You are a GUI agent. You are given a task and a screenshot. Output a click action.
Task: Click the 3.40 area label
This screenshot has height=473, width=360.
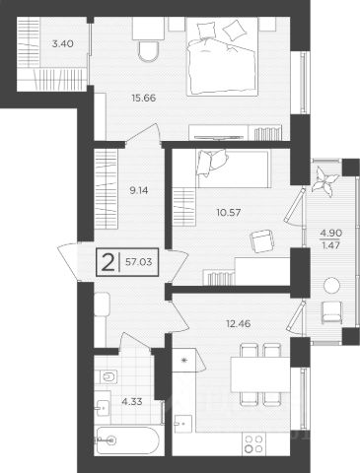coord(62,43)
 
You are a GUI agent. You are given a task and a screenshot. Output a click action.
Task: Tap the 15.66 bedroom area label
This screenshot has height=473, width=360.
coord(143,98)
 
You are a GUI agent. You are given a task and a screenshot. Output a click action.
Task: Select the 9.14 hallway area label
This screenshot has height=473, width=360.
coord(139,190)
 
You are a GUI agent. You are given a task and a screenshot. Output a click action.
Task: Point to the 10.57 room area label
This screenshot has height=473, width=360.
coord(229,213)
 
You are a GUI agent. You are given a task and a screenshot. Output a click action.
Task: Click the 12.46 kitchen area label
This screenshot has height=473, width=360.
coord(239,323)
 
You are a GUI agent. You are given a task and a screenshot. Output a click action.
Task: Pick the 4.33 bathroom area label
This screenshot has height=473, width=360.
coord(132,401)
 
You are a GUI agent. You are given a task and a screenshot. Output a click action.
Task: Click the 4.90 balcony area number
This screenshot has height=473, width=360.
coord(331,233)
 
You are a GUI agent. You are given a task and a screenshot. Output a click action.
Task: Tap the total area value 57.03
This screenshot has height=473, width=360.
coord(139,262)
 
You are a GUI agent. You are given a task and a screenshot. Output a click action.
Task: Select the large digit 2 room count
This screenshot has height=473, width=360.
coord(108,262)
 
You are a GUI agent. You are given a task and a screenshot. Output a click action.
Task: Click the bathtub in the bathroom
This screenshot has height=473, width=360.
coord(127,440)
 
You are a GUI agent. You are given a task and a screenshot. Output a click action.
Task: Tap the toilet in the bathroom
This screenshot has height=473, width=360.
coord(107,376)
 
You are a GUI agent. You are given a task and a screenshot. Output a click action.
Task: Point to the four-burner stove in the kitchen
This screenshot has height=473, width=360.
coord(253,443)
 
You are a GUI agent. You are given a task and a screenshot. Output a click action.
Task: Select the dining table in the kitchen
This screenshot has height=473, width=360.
coord(260,374)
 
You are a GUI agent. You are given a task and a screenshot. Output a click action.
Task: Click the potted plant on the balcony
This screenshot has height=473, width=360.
coord(324,180)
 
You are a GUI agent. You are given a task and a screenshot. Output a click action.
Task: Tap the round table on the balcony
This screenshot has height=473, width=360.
coord(331,286)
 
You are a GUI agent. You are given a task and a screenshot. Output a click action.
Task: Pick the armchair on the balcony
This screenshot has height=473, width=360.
coord(331,312)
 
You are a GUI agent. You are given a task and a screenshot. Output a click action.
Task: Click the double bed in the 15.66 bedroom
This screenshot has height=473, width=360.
coord(222,56)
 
